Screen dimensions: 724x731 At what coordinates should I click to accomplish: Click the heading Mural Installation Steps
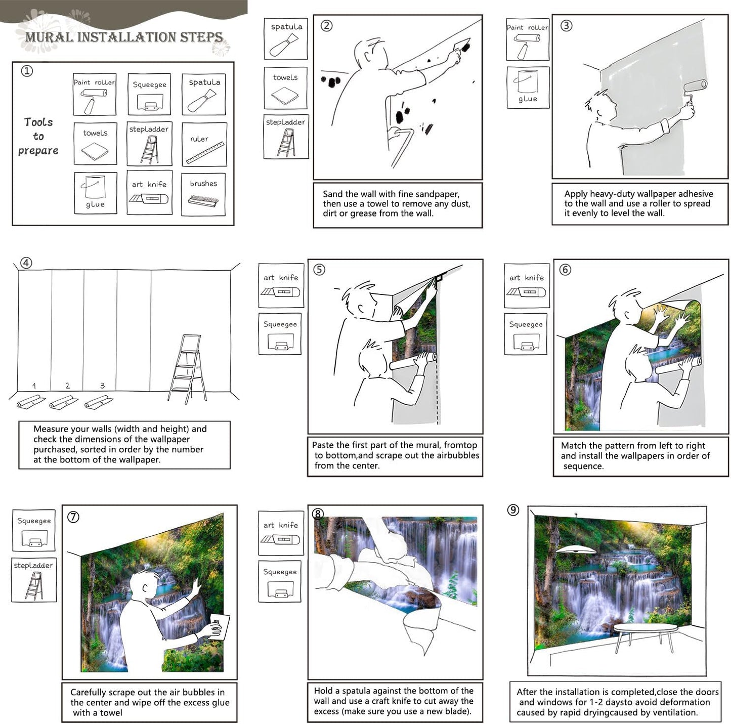click(x=124, y=37)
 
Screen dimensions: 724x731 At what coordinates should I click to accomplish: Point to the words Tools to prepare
click(x=38, y=137)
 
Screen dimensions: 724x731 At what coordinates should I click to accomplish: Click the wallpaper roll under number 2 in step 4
click(x=64, y=402)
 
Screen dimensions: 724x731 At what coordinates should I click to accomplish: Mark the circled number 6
click(x=565, y=270)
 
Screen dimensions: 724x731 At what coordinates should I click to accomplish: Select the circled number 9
click(x=513, y=509)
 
